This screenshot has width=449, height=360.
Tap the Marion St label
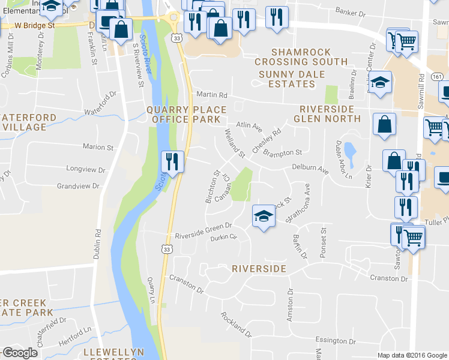click(x=98, y=147)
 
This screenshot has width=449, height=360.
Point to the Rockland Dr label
click(x=235, y=324)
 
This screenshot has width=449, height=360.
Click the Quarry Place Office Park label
click(x=187, y=115)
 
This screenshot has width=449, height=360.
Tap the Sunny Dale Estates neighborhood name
click(x=292, y=79)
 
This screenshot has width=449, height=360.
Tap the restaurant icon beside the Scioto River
click(x=172, y=161)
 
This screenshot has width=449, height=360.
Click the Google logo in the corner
click(x=20, y=353)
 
